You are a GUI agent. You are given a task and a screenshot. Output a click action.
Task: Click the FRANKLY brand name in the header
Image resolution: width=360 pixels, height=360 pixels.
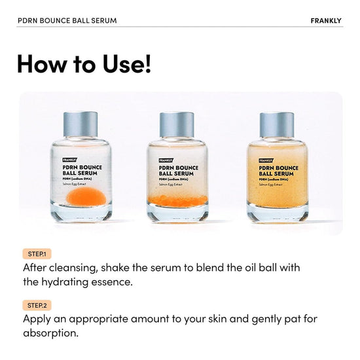click(326, 20)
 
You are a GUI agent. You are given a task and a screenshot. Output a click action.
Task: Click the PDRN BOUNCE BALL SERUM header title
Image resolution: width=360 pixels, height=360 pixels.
click(67, 20)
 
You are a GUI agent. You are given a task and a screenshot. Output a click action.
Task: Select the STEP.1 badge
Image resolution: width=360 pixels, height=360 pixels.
click(37, 253)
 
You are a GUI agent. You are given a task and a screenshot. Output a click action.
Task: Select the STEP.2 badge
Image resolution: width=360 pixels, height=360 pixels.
click(37, 305)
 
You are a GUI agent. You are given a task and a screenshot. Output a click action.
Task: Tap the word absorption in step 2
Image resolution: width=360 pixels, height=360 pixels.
click(50, 333)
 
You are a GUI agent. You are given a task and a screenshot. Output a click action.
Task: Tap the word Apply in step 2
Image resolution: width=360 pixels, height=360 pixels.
click(37, 320)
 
